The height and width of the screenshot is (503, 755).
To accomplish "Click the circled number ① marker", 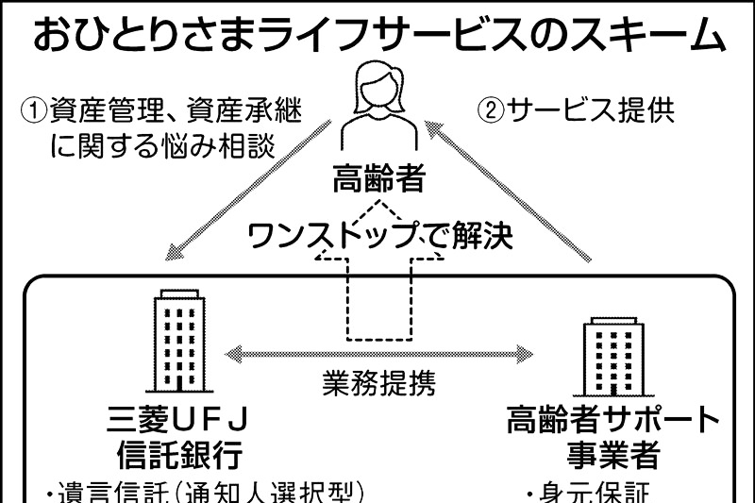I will point(35,111).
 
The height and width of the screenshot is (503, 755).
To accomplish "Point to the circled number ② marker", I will point(491,111).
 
